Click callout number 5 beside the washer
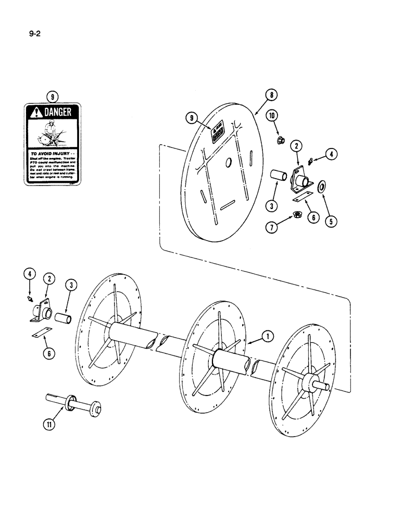pyautogui.click(x=330, y=220)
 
